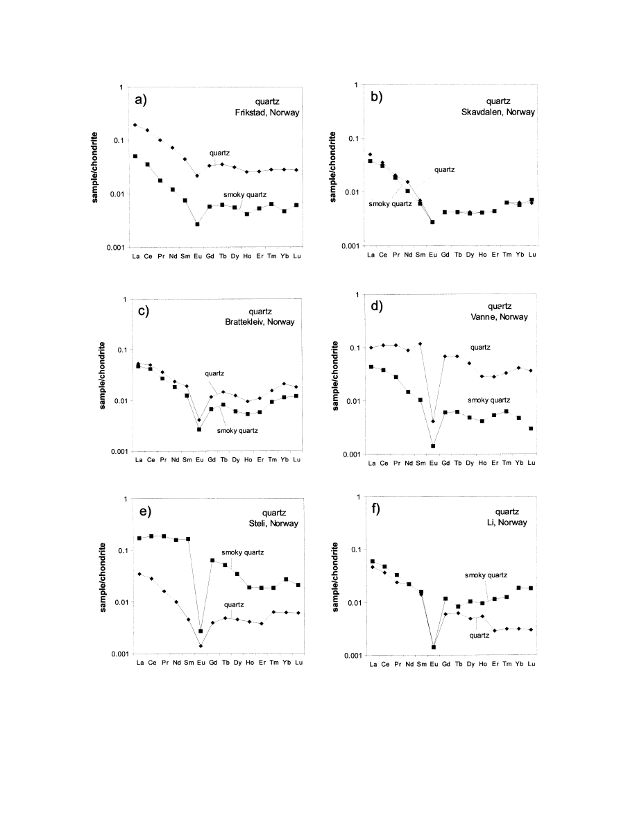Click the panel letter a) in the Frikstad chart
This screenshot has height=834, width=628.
[x=142, y=101]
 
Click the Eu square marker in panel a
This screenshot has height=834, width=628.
[x=197, y=224]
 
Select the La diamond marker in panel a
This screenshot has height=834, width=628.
[x=135, y=125]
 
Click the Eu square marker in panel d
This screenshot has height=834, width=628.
[x=433, y=446]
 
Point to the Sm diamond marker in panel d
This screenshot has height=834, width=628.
[x=421, y=344]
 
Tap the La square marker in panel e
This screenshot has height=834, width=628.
[x=139, y=538]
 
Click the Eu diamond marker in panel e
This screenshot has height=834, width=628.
[x=201, y=646]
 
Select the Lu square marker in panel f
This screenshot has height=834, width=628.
[x=531, y=588]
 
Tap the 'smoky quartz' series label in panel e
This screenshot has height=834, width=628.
[x=244, y=552]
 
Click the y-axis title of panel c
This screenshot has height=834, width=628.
[x=101, y=375]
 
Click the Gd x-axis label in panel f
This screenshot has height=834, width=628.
[x=445, y=665]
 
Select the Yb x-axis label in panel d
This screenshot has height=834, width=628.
[x=518, y=463]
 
